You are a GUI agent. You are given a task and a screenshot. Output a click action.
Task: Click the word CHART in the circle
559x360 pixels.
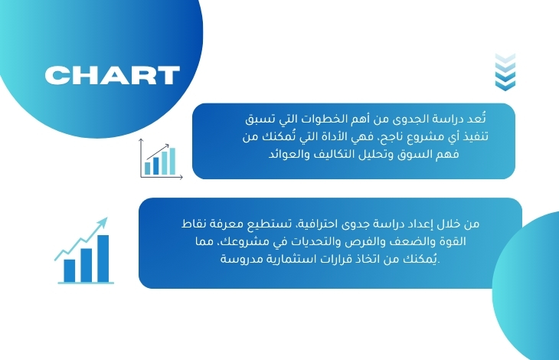point(113,75)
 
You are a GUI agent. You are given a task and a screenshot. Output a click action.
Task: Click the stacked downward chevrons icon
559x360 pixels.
point(505,72)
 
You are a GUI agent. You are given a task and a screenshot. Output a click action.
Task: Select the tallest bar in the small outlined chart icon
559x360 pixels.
point(172,161)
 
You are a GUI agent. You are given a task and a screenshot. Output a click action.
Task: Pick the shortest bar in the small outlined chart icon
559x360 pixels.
point(147,169)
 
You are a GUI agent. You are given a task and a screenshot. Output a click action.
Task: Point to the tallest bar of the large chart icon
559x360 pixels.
point(103,258)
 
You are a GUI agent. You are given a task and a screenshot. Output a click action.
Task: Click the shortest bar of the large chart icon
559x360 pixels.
point(70,271)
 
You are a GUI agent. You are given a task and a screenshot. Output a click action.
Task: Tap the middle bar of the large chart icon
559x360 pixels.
point(87,265)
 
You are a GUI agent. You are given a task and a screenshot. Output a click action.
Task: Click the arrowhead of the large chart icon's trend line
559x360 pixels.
point(103,222)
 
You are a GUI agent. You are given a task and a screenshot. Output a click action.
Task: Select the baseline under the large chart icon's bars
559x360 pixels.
point(86,283)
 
